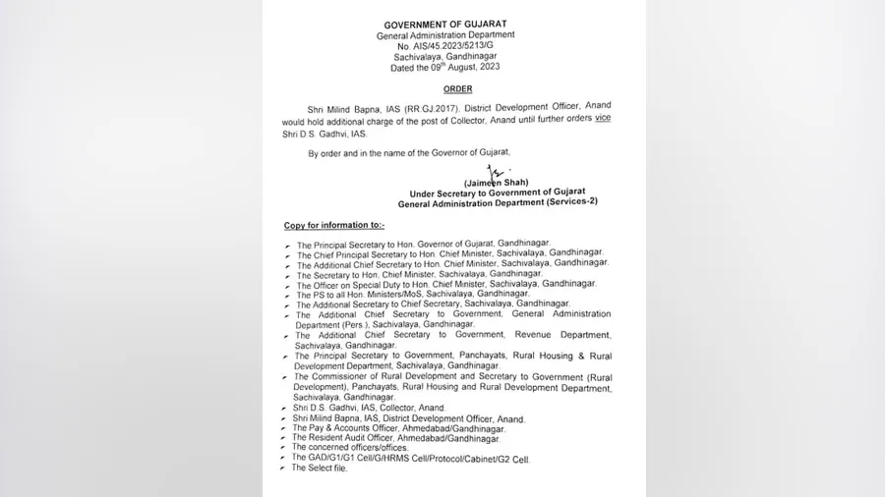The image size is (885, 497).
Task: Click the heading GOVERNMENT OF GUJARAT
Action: [x=445, y=25]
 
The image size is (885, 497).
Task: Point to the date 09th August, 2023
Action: [x=460, y=68]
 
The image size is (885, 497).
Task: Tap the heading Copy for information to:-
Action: [x=334, y=225]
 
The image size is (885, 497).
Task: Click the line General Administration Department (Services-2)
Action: [x=498, y=202]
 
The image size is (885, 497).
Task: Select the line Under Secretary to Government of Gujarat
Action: [x=498, y=193]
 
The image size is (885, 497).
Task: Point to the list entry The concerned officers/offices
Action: [x=350, y=447]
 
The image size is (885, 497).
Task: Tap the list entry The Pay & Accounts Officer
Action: [x=398, y=428]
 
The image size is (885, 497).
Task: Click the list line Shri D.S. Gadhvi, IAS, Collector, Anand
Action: [x=369, y=408]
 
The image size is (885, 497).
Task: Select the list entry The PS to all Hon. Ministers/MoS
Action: [x=413, y=294]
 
